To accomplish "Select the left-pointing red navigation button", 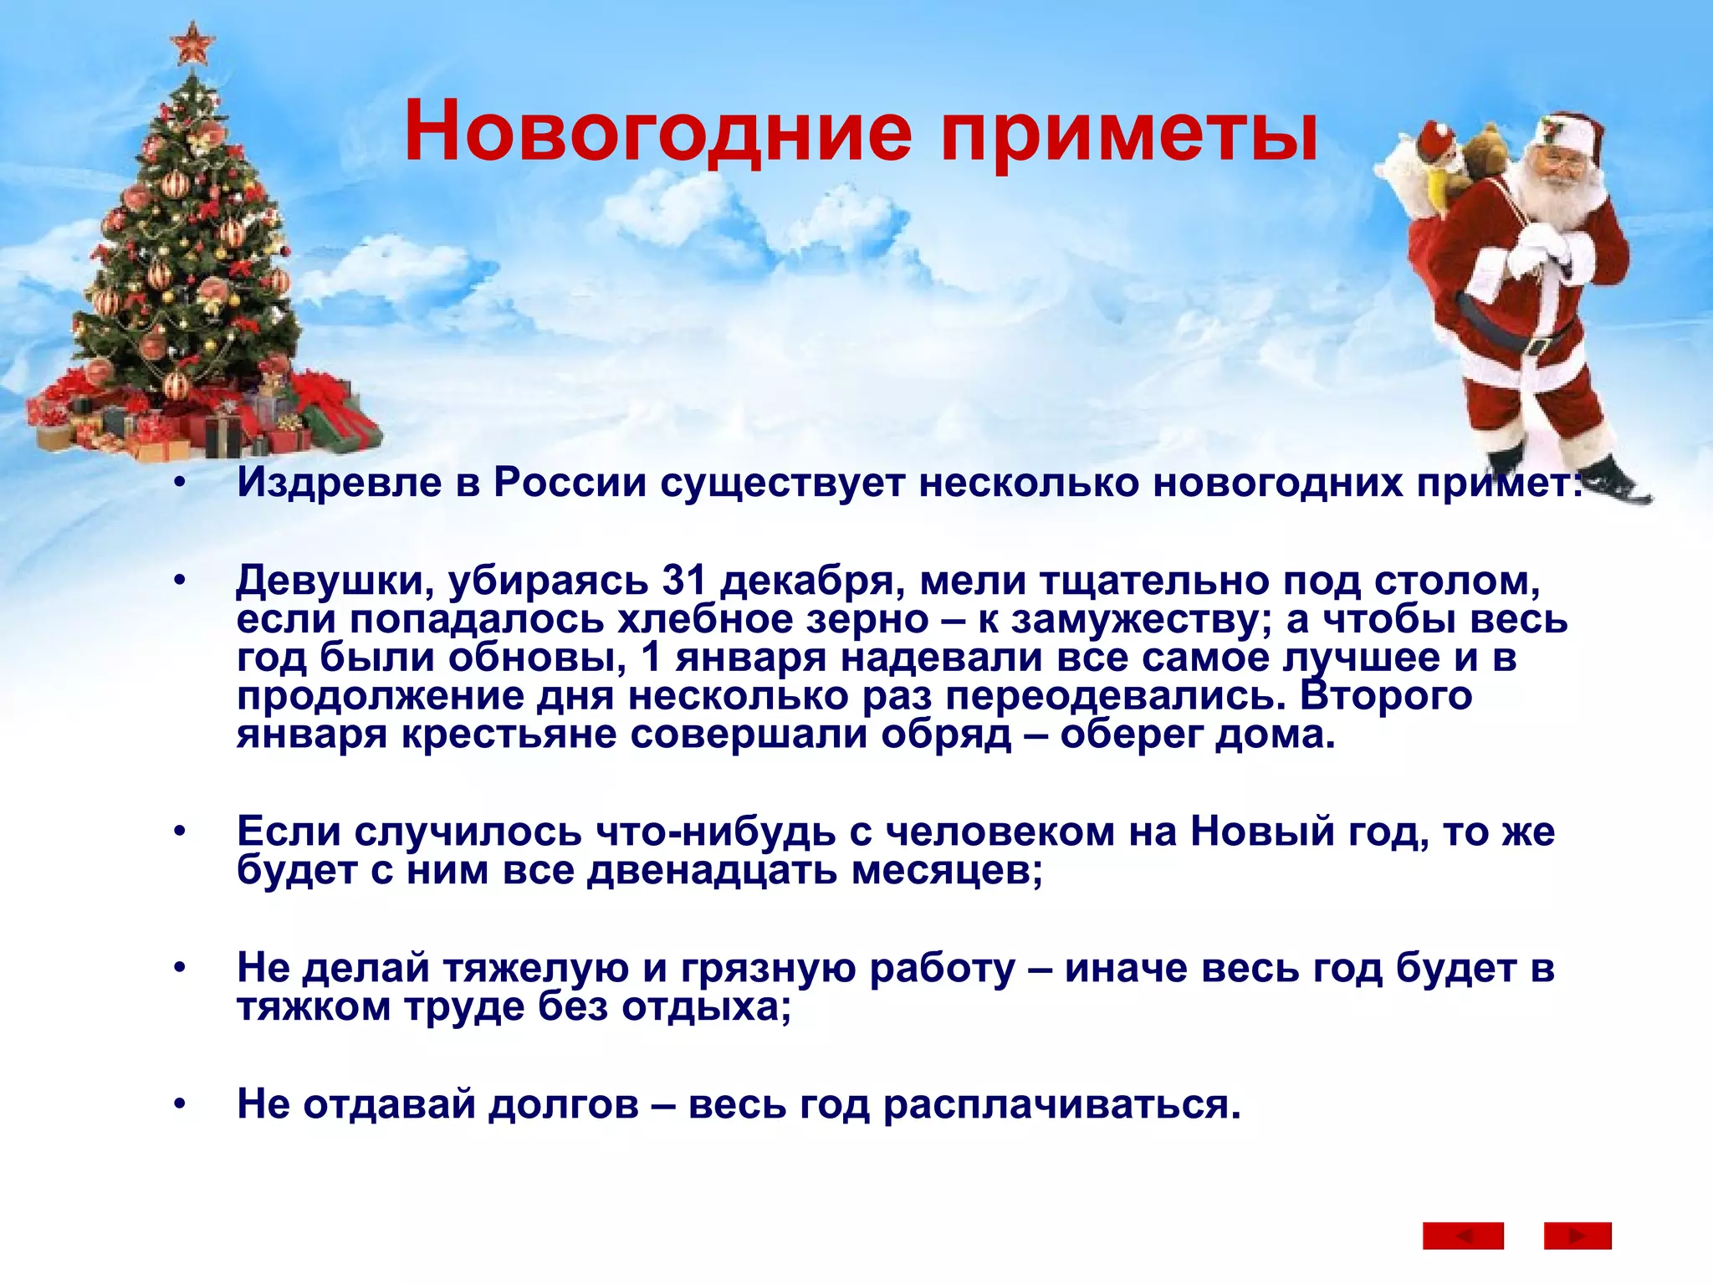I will coord(1463,1236).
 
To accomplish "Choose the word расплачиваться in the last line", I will coord(1061,1104).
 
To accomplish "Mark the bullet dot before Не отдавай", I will coord(179,1105).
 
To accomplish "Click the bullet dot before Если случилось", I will coord(179,832).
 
